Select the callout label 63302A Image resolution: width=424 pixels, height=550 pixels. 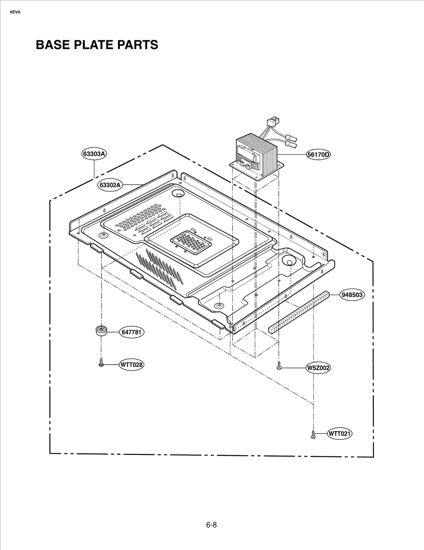pos(110,185)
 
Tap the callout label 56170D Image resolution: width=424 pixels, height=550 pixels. pos(318,154)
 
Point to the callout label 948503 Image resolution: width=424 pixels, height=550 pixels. pos(352,295)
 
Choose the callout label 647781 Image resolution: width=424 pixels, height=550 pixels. pos(131,332)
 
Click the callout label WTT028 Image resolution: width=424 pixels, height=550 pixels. pos(131,365)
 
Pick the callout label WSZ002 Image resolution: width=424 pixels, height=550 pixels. pos(318,368)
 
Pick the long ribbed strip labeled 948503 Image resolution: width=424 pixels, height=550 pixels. pos(299,311)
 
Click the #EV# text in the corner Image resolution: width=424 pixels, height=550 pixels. pos(15,12)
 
